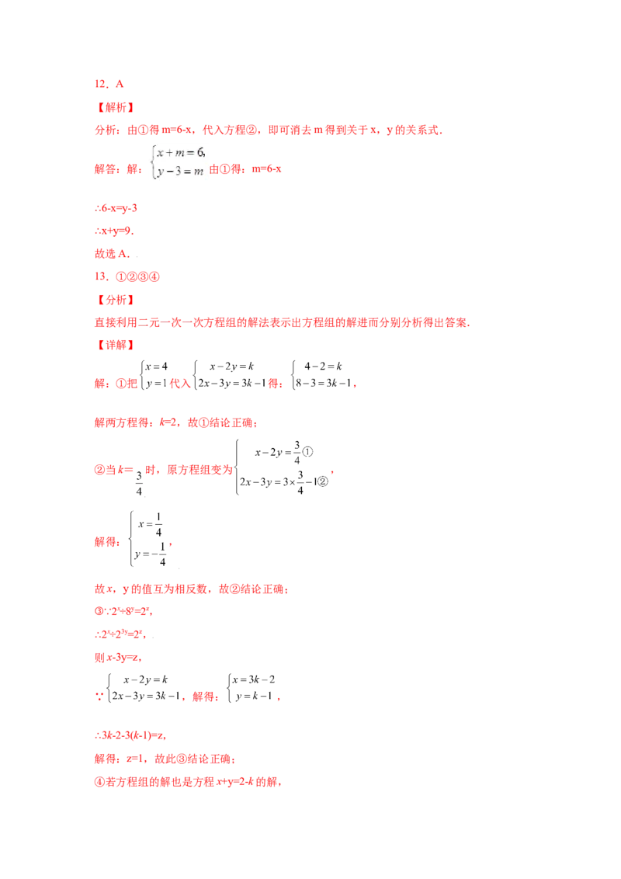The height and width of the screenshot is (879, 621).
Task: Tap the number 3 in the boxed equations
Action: pyautogui.click(x=177, y=172)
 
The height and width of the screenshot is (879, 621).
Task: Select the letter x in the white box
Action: pyautogui.click(x=160, y=154)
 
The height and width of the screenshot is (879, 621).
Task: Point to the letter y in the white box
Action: pyautogui.click(x=159, y=173)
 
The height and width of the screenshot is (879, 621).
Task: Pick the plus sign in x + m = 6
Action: pyautogui.click(x=169, y=154)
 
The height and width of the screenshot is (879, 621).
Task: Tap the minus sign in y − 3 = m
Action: pyautogui.click(x=168, y=172)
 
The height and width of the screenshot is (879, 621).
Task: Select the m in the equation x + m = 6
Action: pyautogui.click(x=181, y=154)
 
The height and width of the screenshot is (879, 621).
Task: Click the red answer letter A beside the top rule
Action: pyautogui.click(x=120, y=84)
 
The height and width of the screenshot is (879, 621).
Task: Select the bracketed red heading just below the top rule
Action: pyautogui.click(x=115, y=108)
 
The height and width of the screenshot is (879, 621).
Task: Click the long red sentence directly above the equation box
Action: pyautogui.click(x=268, y=131)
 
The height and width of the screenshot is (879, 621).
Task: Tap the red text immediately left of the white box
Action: pyautogui.click(x=116, y=169)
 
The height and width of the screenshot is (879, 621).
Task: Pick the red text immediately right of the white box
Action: pyautogui.click(x=247, y=169)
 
